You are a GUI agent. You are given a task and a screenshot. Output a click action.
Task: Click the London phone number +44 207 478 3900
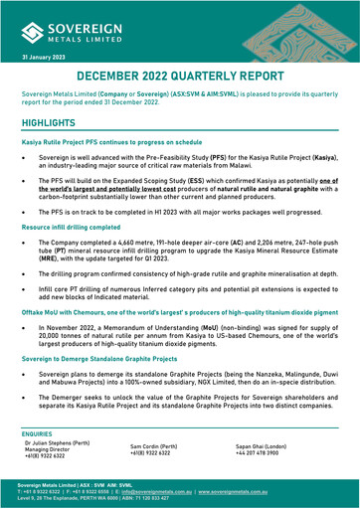click(x=257, y=485)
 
